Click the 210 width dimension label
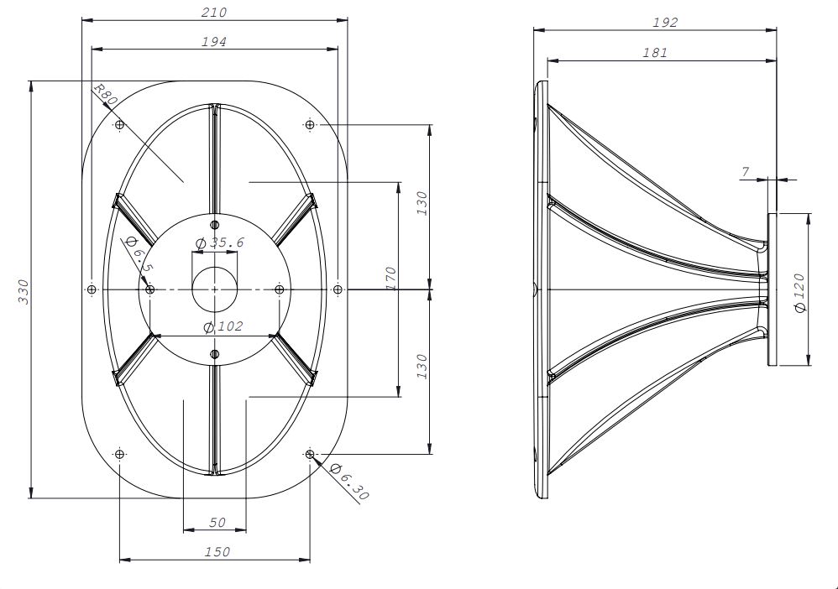(214, 13)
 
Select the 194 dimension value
(214, 42)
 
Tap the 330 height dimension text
(24, 291)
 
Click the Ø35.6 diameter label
(220, 243)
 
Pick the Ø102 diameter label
(223, 326)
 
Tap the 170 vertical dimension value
(390, 279)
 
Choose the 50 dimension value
(217, 522)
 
